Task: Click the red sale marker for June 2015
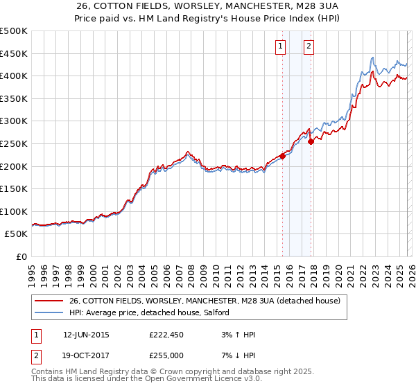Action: pos(282,157)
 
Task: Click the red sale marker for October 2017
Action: pos(311,141)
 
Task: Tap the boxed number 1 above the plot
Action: pos(281,46)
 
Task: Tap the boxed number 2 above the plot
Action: pos(309,46)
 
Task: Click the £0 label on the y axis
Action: pos(22,256)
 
